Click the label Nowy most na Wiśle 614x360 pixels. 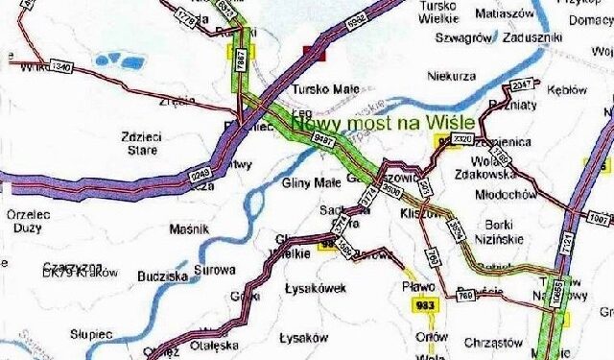[x=384, y=123]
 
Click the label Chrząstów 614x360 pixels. [x=492, y=341]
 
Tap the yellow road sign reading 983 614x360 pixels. [x=425, y=305]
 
